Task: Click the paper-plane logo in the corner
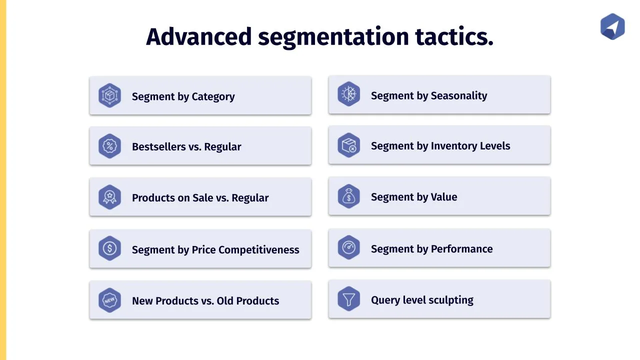tap(612, 26)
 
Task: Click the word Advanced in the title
tap(198, 37)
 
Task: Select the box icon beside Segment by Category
tap(109, 95)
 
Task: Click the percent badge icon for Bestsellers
tap(109, 146)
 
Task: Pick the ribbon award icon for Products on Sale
tap(109, 197)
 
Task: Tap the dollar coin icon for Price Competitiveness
tap(109, 248)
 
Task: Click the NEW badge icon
tap(109, 300)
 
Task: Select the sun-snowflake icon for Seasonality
tap(349, 94)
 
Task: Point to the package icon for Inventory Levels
tap(349, 145)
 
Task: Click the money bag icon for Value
tap(349, 196)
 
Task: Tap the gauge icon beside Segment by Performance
tap(349, 247)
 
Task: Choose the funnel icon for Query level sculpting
tap(349, 299)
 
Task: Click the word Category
tap(213, 97)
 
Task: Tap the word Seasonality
tap(459, 95)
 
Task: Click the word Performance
tap(461, 249)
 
